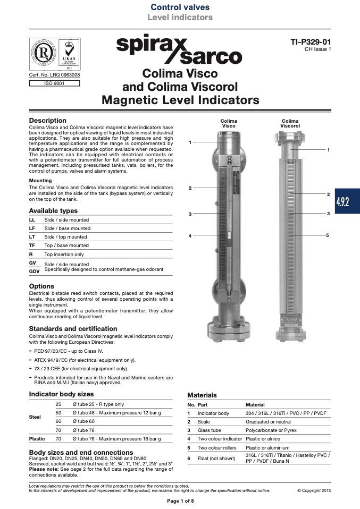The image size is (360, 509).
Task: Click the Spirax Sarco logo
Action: click(x=179, y=49)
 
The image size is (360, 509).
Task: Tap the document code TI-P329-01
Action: click(x=311, y=42)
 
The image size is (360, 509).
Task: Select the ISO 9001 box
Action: click(x=54, y=83)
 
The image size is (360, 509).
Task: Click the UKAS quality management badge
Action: click(x=69, y=54)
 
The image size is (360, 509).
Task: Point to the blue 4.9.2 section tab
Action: click(x=347, y=201)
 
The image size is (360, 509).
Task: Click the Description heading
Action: click(x=47, y=121)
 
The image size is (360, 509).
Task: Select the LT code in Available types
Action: click(x=32, y=237)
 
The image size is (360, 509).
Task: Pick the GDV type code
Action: click(x=34, y=272)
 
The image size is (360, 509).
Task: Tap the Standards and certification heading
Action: click(x=73, y=328)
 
